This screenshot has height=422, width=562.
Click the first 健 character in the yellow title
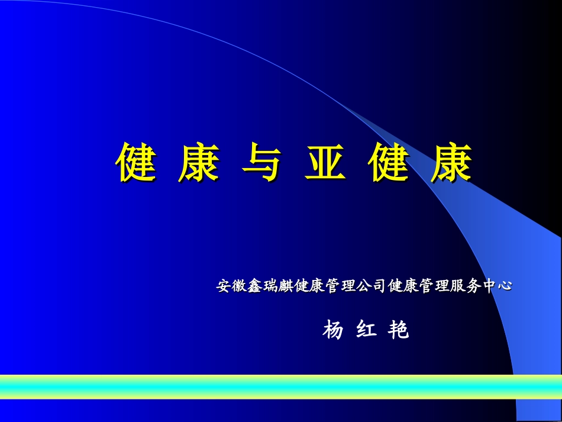coord(135,163)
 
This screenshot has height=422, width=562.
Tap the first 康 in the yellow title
coord(199,163)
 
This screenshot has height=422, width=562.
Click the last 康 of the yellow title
coord(452,163)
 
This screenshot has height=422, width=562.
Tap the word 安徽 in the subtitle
coord(230,286)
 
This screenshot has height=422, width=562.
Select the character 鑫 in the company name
coord(251,286)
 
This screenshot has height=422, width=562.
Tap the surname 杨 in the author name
coord(333,330)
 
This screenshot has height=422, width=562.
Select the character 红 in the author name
coord(366,330)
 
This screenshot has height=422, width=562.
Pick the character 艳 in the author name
coord(399,330)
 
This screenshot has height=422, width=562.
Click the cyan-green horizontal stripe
coord(281,386)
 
